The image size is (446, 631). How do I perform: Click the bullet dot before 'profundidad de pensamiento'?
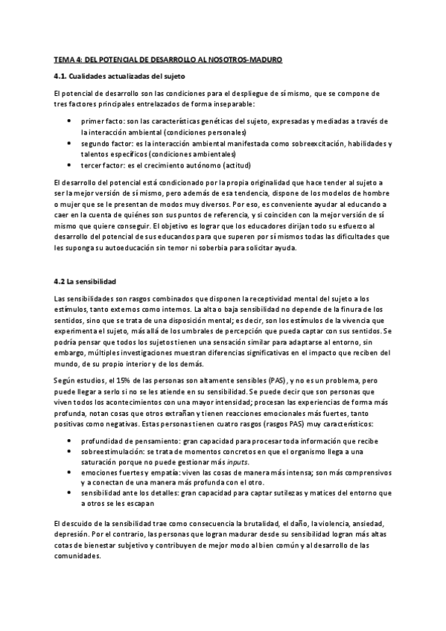tap(69, 439)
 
